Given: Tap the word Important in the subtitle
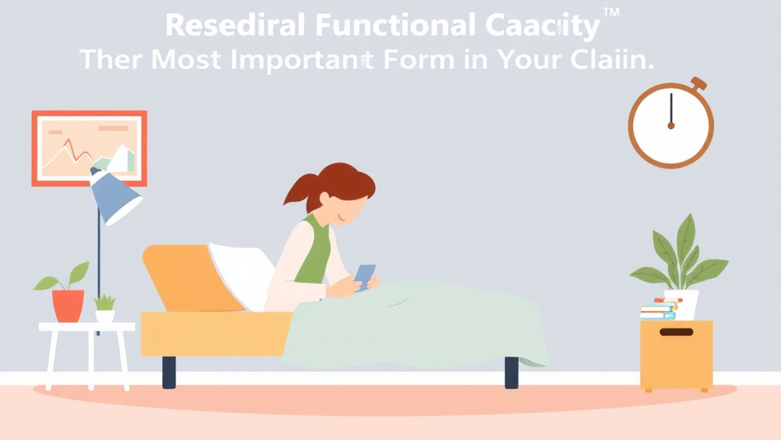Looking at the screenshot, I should tap(306, 59).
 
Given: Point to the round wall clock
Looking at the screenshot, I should tap(670, 125).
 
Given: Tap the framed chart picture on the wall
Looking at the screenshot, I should tap(89, 148).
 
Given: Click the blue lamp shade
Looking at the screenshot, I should tap(114, 197).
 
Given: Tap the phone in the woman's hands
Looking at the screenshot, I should tap(365, 276).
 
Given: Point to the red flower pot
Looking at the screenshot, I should tap(68, 306).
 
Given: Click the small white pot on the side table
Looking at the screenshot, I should tap(104, 315).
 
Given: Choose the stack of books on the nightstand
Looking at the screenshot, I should tap(658, 310).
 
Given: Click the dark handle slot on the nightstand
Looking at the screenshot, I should tap(676, 332).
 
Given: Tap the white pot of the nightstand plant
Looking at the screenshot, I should tap(682, 304).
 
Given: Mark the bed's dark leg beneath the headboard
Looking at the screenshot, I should tap(169, 371).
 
